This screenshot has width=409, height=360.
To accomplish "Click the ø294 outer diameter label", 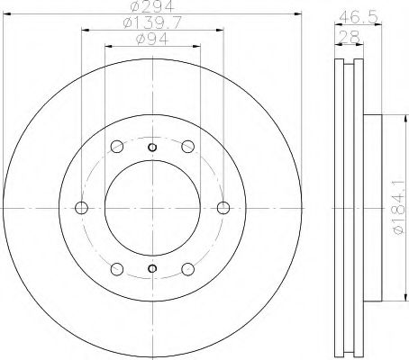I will (150, 8).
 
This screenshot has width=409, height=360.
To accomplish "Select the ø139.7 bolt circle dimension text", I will (150, 24).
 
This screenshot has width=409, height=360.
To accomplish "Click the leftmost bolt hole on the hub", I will (82, 208).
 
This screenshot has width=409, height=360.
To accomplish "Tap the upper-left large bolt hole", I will (116, 148).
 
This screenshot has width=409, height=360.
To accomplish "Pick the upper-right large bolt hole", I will (186, 148).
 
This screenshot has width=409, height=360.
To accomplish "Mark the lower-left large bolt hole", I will (116, 268).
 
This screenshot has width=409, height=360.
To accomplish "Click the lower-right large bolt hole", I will (186, 268).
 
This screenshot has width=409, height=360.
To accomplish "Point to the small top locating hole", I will (151, 148).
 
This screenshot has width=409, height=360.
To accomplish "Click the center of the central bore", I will (151, 208).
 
